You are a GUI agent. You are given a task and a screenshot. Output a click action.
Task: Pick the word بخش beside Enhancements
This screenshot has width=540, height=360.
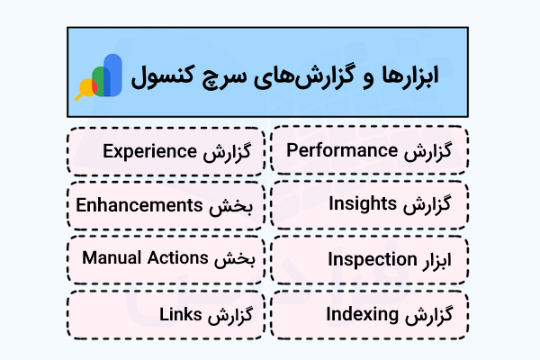pyautogui.click(x=239, y=205)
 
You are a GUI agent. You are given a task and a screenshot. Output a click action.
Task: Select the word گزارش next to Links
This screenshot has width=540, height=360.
pyautogui.click(x=227, y=316)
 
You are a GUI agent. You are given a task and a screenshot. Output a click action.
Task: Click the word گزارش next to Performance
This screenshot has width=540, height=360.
pyautogui.click(x=443, y=148)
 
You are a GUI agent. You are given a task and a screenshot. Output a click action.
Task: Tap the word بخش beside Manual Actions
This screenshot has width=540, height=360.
pyautogui.click(x=239, y=259)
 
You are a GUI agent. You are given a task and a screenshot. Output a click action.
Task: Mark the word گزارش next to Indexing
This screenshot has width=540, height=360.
pyautogui.click(x=443, y=316)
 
